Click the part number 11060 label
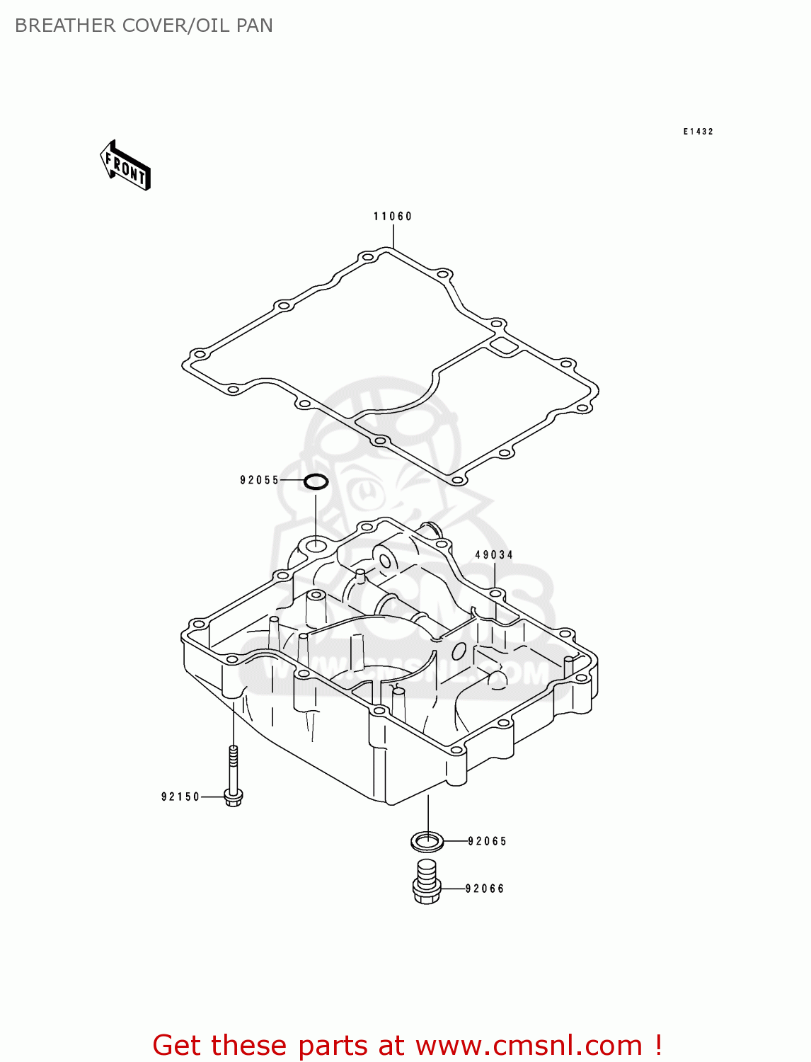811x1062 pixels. point(393,217)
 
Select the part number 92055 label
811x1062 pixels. point(260,481)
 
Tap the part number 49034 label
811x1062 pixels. point(494,555)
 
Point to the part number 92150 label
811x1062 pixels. point(181,797)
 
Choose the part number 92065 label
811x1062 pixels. point(488,842)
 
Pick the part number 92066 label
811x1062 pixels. point(485,889)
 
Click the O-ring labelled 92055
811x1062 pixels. point(316,482)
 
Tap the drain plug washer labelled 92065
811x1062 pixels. point(427,842)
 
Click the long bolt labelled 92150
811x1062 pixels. point(233,779)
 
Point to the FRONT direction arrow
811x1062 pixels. point(126,166)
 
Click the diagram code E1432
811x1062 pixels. point(698,132)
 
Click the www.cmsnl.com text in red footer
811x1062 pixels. point(529,1046)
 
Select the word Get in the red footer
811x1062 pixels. point(179,1046)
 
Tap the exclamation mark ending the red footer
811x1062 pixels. point(658,1045)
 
